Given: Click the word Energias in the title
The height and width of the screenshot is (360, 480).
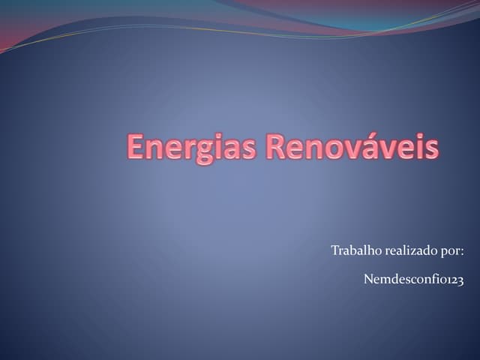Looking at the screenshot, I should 193,146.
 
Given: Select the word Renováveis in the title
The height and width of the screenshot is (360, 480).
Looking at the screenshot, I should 352,146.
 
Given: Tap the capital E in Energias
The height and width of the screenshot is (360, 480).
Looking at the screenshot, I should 136,146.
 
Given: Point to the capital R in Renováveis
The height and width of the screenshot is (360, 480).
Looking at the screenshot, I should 277,146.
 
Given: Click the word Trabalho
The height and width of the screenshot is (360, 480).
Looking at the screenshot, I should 356,250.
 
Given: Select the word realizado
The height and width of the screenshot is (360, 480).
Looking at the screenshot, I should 410,250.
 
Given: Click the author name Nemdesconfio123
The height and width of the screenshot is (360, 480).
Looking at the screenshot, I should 413,280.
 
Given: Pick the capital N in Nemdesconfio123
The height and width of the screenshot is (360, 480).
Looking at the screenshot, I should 368,280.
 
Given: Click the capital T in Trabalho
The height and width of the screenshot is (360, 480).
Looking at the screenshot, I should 334,250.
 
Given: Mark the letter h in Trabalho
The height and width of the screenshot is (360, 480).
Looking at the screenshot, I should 371,250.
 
